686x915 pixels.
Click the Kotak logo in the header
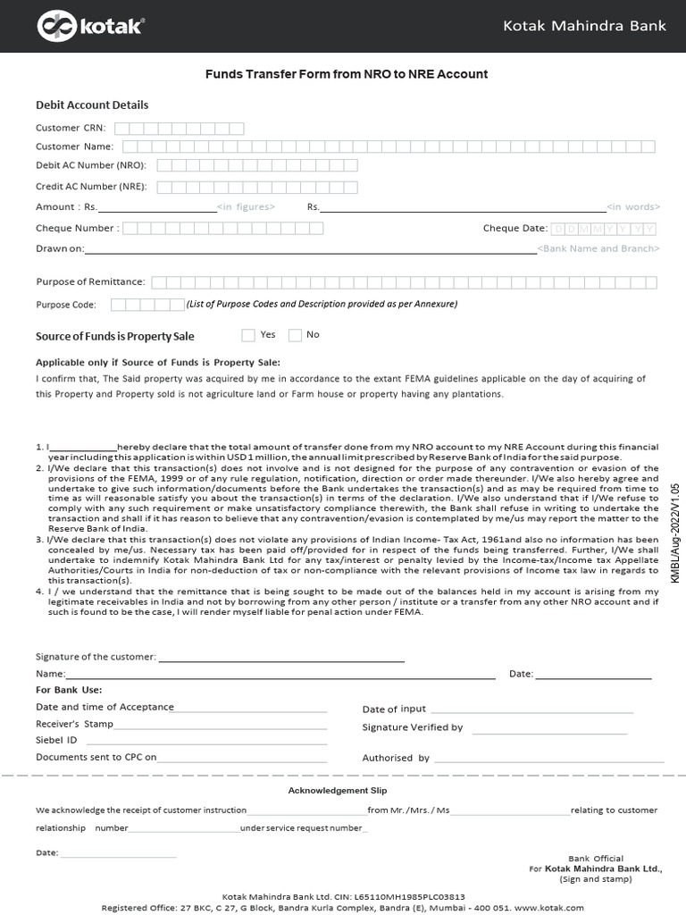tap(89, 27)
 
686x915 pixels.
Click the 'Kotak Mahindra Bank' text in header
tap(584, 26)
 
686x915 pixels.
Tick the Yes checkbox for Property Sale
tap(248, 335)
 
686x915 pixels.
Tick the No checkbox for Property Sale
tap(295, 335)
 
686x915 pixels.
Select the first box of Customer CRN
tap(121, 129)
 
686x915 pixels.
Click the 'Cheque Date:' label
tap(514, 228)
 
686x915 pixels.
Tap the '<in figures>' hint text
tap(246, 207)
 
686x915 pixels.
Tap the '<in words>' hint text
tap(632, 207)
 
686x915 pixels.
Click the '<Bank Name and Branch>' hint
tap(598, 248)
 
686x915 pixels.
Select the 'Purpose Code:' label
tap(65, 305)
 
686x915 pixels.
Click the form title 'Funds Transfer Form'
tap(347, 74)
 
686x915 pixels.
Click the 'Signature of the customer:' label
tap(96, 658)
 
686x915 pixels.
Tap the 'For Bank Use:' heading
tap(69, 690)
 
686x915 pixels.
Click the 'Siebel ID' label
tap(56, 740)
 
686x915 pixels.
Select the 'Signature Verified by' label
tap(412, 727)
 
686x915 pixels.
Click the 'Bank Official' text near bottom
tap(596, 859)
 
